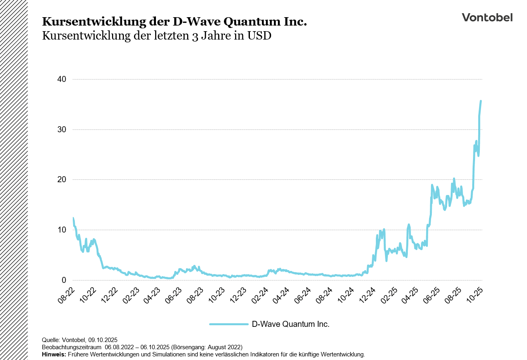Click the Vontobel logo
(x=487, y=17)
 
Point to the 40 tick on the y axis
(x=62, y=80)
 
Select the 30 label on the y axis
(x=62, y=130)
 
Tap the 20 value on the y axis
(x=62, y=180)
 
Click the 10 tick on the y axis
(x=62, y=230)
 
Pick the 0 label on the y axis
(x=64, y=280)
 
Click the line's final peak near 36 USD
(x=481, y=101)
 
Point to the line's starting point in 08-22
(x=73, y=218)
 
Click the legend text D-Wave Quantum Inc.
(x=291, y=324)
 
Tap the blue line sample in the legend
(x=229, y=324)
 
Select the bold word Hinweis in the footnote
(x=54, y=354)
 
